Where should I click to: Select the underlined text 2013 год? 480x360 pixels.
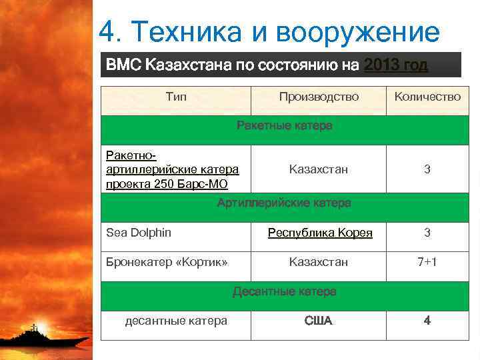(x=395, y=65)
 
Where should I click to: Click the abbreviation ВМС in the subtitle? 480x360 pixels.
(x=123, y=65)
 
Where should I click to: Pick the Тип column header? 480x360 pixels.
(x=176, y=97)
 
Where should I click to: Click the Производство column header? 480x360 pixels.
(x=319, y=97)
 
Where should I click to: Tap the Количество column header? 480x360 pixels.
(x=427, y=97)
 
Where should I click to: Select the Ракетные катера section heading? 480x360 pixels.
(x=285, y=126)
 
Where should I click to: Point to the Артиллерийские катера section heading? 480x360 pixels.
(x=284, y=203)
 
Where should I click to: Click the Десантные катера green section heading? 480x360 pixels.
(x=284, y=291)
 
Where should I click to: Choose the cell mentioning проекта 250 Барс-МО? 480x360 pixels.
(x=172, y=170)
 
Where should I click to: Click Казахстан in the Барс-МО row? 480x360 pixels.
(x=319, y=170)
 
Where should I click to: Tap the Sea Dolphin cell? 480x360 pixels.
(x=139, y=233)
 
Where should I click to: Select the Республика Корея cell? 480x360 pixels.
(x=320, y=233)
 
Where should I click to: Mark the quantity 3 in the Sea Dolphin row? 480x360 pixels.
(x=427, y=233)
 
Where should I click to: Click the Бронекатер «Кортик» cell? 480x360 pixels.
(x=167, y=262)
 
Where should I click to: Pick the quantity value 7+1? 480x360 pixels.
(x=427, y=262)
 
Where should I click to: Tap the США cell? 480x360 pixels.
(x=319, y=321)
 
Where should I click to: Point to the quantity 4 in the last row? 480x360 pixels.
(x=427, y=321)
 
